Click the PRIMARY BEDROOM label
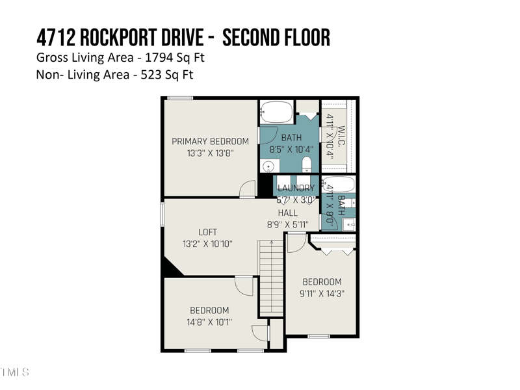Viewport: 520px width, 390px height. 210,141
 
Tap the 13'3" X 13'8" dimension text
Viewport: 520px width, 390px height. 210,153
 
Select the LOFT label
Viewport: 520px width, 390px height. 207,232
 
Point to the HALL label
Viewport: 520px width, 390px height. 288,213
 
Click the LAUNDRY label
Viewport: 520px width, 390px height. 296,188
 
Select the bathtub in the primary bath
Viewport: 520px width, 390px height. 278,112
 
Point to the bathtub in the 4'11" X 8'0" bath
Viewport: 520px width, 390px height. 339,184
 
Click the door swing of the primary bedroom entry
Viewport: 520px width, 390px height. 248,189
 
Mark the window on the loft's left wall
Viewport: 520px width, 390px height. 162,214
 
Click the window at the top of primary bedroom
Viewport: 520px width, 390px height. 178,98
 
